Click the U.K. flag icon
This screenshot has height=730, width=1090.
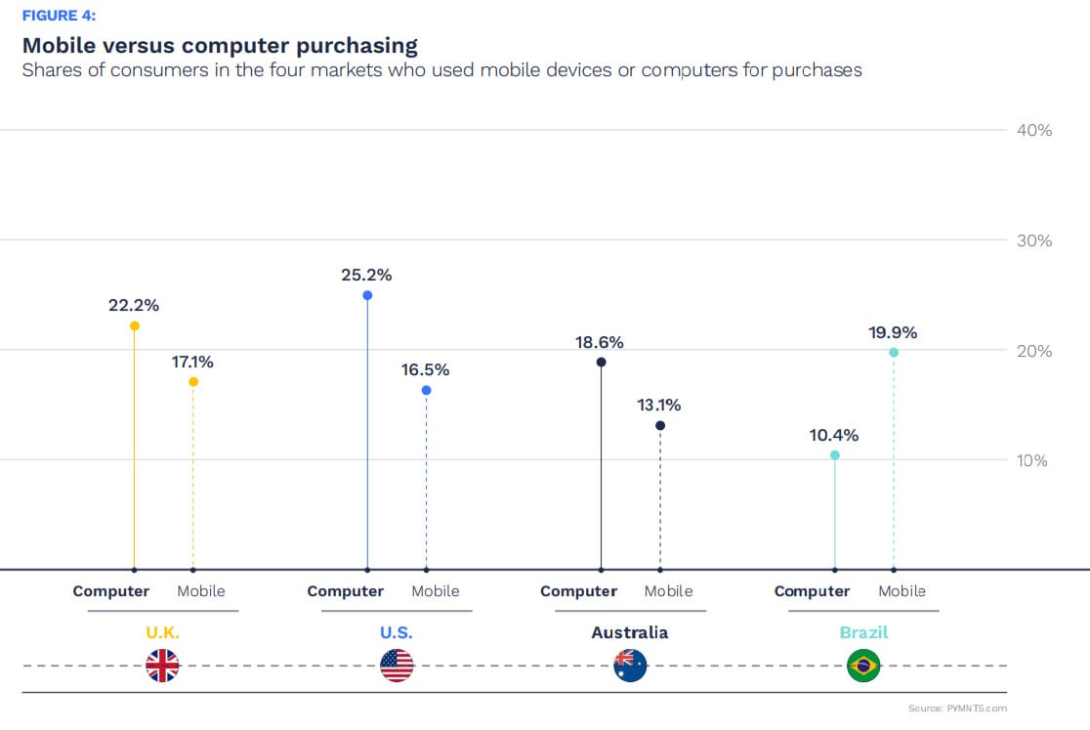click(x=162, y=666)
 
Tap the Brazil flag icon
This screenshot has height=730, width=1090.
click(x=863, y=666)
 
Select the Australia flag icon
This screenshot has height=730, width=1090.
click(x=630, y=666)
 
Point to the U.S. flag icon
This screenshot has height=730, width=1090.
click(x=397, y=666)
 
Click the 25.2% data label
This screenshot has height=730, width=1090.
click(x=366, y=276)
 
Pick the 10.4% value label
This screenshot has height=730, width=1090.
click(x=834, y=435)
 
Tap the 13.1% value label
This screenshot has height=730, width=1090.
click(x=659, y=405)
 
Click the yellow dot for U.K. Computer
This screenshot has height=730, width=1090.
click(x=134, y=325)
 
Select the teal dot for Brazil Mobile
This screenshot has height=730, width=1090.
click(x=894, y=353)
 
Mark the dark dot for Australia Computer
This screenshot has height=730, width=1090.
click(x=601, y=362)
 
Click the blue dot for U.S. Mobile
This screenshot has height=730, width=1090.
click(x=426, y=390)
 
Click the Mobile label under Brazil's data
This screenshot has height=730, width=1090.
click(x=901, y=591)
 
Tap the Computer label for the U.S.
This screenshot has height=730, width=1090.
click(x=345, y=591)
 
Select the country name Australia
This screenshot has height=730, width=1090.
click(x=630, y=632)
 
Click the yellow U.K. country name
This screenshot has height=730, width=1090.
click(x=163, y=632)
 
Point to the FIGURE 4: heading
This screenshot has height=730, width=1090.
click(x=59, y=16)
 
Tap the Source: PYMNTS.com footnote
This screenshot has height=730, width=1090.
click(x=956, y=708)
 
